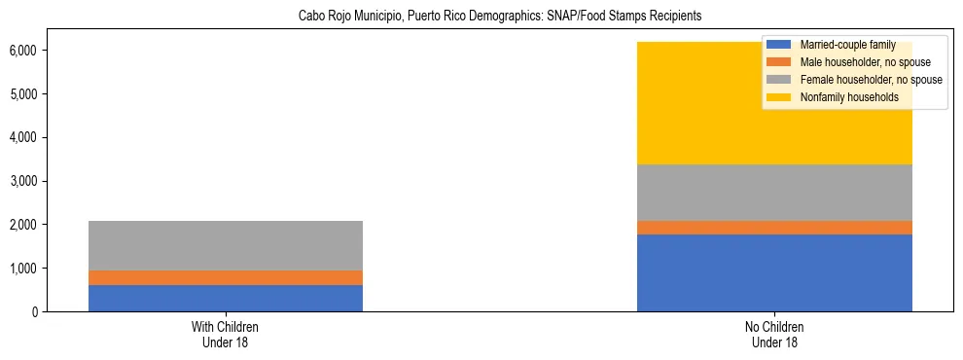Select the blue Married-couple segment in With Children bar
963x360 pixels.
point(225,298)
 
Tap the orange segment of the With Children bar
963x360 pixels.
point(225,277)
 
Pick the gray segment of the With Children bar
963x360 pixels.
point(225,245)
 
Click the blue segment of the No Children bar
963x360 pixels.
point(774,272)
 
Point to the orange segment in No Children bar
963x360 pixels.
point(774,228)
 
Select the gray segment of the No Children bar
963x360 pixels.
point(774,193)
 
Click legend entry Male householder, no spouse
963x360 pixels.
point(857,62)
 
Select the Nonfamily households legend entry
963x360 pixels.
point(842,97)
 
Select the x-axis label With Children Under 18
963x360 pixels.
point(225,335)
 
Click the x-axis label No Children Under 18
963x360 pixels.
point(774,335)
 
